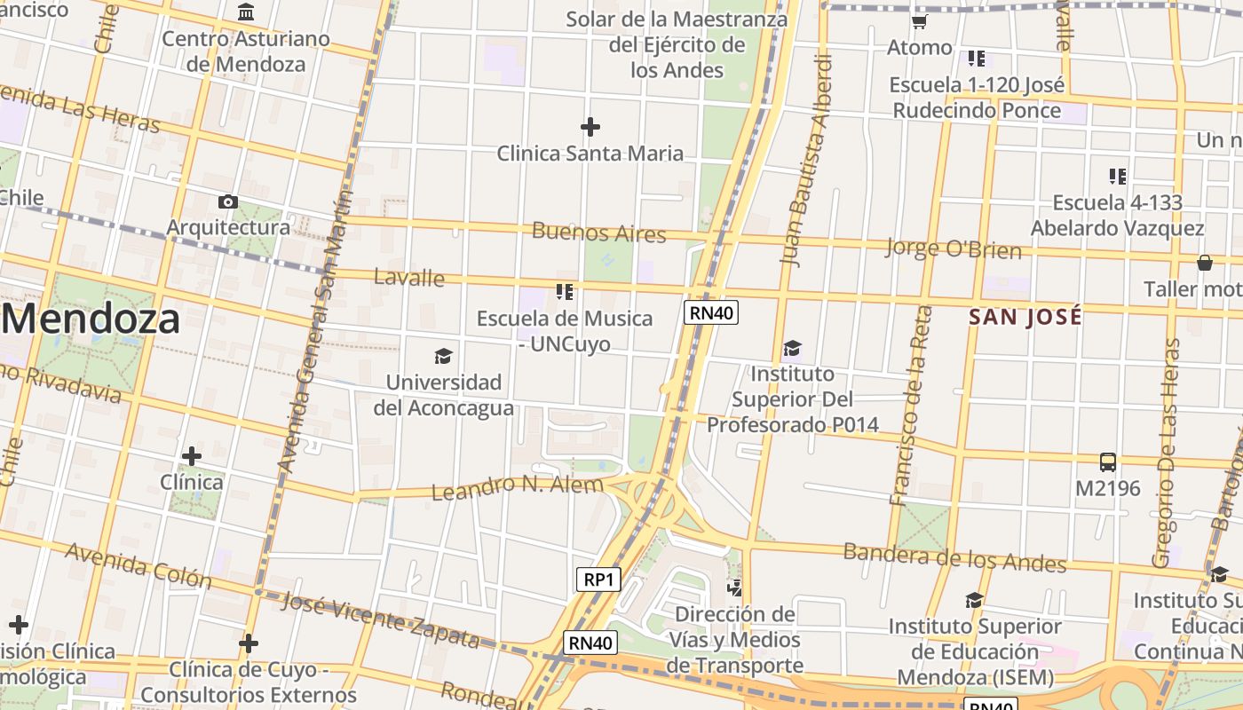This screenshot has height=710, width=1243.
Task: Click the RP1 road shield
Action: tap(598, 580)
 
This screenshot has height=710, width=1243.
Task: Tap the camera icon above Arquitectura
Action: tap(228, 202)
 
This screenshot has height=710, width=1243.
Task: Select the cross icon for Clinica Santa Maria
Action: tap(590, 127)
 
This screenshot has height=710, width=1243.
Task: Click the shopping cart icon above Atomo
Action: tap(920, 21)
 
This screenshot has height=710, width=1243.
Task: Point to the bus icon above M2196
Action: tap(1108, 461)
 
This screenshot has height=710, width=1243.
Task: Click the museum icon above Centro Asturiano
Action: tap(246, 12)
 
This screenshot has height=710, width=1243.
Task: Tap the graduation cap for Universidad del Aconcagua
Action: tap(443, 357)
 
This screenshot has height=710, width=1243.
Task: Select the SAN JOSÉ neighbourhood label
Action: tap(1025, 317)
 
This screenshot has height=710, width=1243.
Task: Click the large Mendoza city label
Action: tap(91, 319)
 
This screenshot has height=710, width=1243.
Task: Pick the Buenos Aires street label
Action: tap(598, 233)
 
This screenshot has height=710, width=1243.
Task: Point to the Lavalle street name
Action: tap(408, 277)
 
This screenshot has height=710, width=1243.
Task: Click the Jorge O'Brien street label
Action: tap(954, 248)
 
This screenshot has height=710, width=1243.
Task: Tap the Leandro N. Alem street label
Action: tap(517, 486)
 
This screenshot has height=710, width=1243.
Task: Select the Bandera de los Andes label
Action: tap(954, 557)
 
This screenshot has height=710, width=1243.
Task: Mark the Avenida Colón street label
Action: tap(139, 565)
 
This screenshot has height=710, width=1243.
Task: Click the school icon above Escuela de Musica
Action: tap(564, 291)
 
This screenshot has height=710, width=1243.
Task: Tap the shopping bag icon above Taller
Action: tap(1205, 263)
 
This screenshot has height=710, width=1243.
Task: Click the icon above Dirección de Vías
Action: tap(734, 588)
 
